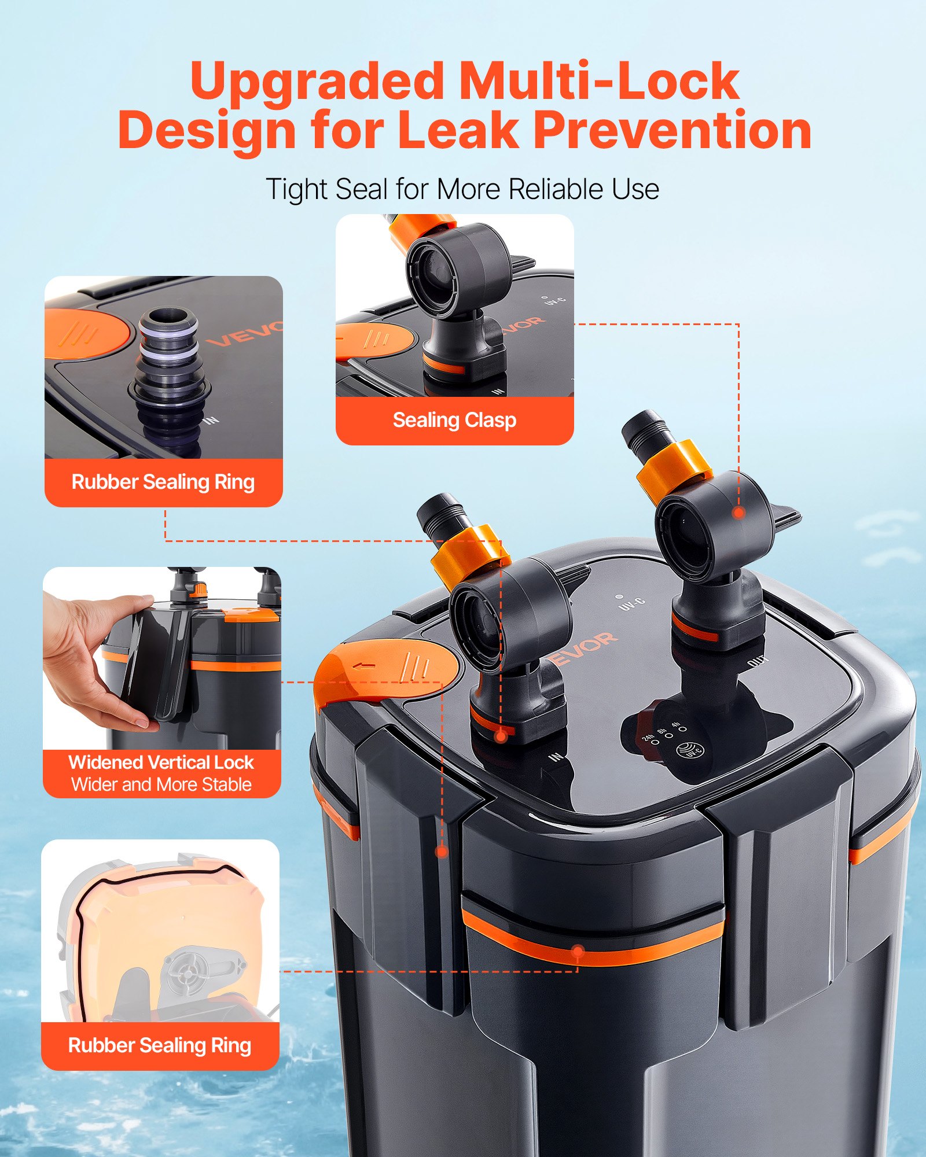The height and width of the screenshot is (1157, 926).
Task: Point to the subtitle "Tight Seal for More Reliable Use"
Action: [x=462, y=189]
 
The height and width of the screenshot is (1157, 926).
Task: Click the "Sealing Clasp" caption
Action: [x=454, y=420]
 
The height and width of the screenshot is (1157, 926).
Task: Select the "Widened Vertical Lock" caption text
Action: [x=161, y=762]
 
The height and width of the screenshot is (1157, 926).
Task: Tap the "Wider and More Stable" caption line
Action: [x=161, y=784]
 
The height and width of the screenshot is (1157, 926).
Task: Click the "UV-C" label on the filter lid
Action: [x=632, y=604]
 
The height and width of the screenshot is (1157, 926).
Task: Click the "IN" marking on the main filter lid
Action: [x=556, y=756]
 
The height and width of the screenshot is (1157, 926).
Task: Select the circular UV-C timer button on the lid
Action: [x=690, y=750]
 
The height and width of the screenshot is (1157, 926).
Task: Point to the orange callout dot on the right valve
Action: [x=738, y=513]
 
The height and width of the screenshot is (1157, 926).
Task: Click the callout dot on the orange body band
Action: [x=578, y=950]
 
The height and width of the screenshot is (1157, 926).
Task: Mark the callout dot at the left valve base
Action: [x=501, y=736]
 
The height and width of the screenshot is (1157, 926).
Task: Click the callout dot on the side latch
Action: [x=442, y=852]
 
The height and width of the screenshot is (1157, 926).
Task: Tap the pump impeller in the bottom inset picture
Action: [x=186, y=974]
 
